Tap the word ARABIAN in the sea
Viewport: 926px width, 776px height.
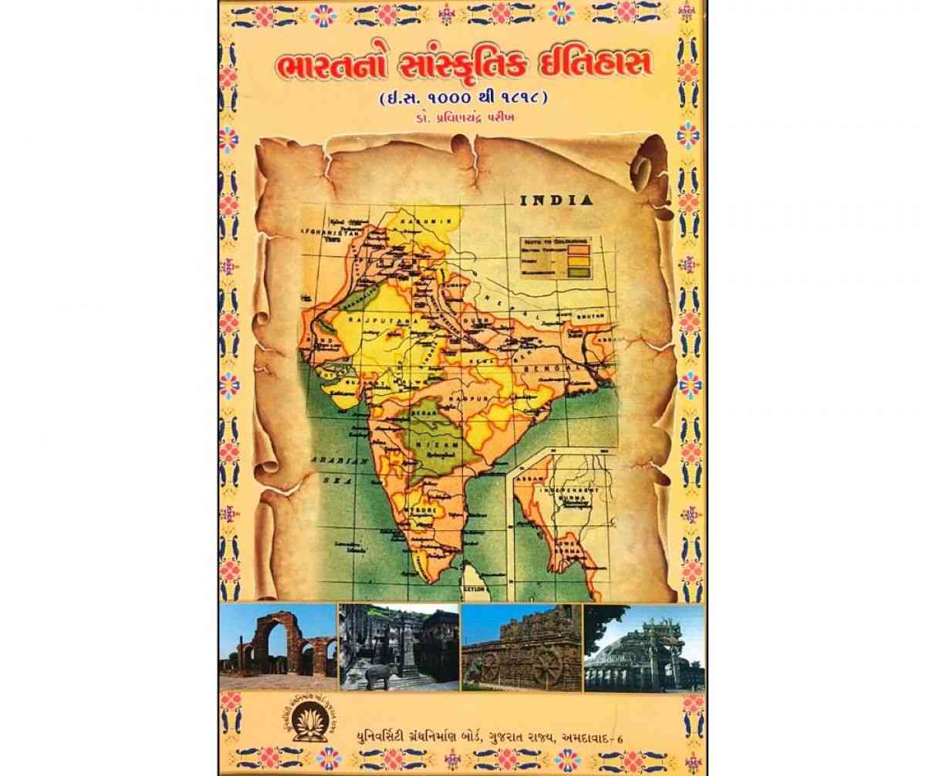330,461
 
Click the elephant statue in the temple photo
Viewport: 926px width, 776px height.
378,675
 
